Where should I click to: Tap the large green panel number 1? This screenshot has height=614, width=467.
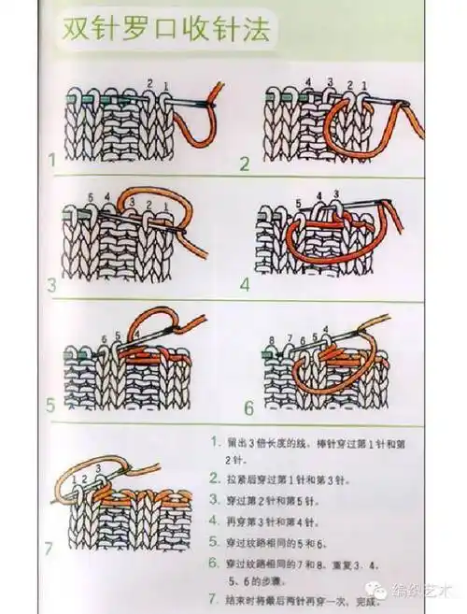point(53,162)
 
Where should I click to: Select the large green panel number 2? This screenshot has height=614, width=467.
point(246,164)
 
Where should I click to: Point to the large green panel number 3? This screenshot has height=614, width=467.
point(52,282)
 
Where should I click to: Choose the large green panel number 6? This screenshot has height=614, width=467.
point(248,408)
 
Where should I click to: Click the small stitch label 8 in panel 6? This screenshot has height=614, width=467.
point(272,339)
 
